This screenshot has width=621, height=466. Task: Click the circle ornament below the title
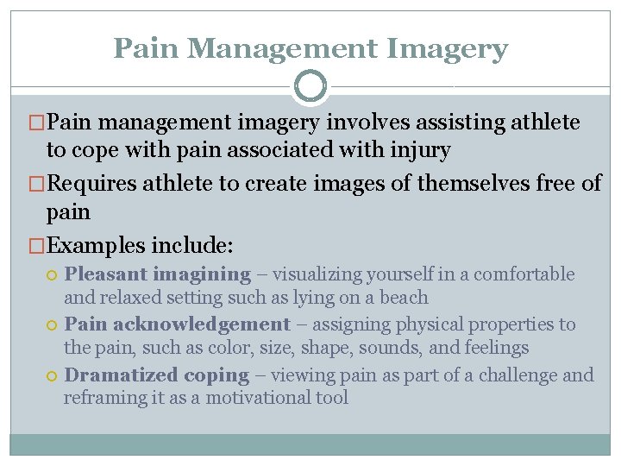pyautogui.click(x=310, y=86)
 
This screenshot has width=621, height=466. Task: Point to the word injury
pyautogui.click(x=419, y=150)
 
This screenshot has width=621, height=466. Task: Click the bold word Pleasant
pyautogui.click(x=106, y=274)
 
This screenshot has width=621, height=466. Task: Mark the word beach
pyautogui.click(x=404, y=298)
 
